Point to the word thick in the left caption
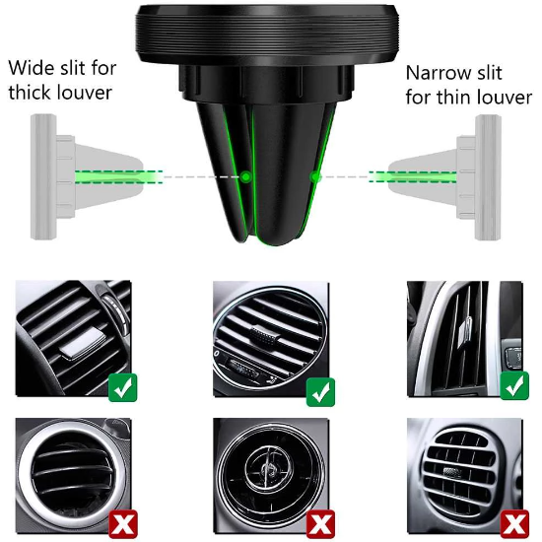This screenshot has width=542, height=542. click(31, 93)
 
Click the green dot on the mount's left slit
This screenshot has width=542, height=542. click(245, 177)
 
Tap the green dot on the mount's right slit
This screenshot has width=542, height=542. click(315, 177)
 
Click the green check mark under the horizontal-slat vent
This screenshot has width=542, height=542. click(123, 387)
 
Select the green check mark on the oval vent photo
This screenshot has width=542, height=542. click(320, 392)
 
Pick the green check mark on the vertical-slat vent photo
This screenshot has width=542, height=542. click(514, 385)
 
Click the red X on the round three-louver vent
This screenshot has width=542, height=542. click(123, 524)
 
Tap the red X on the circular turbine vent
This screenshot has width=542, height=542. click(321, 524)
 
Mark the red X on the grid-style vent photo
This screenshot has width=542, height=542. click(515, 524)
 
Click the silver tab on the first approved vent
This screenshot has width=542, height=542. click(81, 343)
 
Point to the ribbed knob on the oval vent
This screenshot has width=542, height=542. click(265, 334)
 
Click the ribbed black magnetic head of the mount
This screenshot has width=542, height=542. click(267, 35)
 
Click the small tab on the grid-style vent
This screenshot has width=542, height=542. click(451, 471)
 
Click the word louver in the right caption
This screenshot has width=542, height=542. click(508, 98)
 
